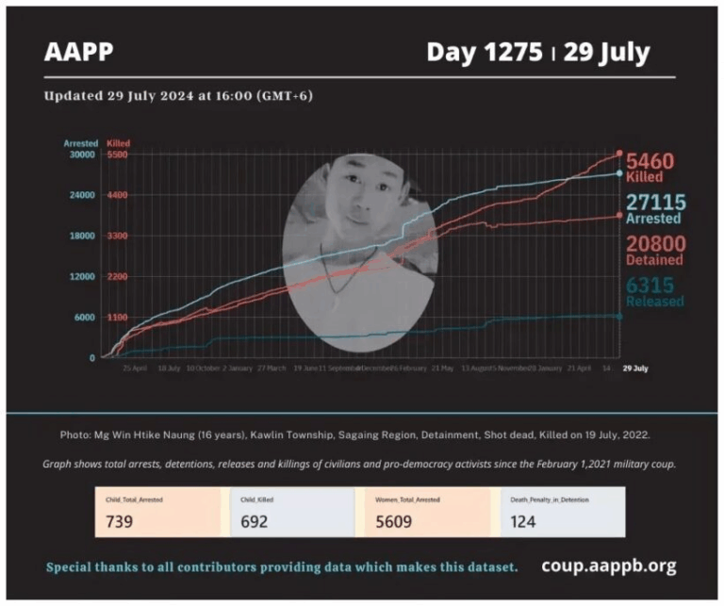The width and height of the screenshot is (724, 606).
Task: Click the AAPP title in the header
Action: (78, 52)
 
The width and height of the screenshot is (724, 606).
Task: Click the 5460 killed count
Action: (650, 161)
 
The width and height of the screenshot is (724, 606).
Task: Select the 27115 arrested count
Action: (656, 203)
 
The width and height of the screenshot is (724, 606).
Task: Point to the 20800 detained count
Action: (656, 243)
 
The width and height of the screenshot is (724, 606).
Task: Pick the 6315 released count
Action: (650, 285)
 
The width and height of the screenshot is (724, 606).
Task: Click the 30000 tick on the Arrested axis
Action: (84, 155)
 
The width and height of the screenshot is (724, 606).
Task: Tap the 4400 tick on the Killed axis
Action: (118, 195)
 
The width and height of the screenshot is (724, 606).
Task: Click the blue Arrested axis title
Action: (81, 143)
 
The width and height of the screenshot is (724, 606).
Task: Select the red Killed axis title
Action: (119, 143)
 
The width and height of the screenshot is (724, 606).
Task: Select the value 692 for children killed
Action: (254, 520)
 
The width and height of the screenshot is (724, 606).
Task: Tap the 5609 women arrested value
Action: (393, 520)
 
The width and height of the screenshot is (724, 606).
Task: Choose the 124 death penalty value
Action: (522, 520)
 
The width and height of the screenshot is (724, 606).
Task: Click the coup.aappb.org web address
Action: (608, 566)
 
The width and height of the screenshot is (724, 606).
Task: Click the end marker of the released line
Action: (619, 316)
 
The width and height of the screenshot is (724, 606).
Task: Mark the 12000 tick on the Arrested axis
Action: (84, 276)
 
